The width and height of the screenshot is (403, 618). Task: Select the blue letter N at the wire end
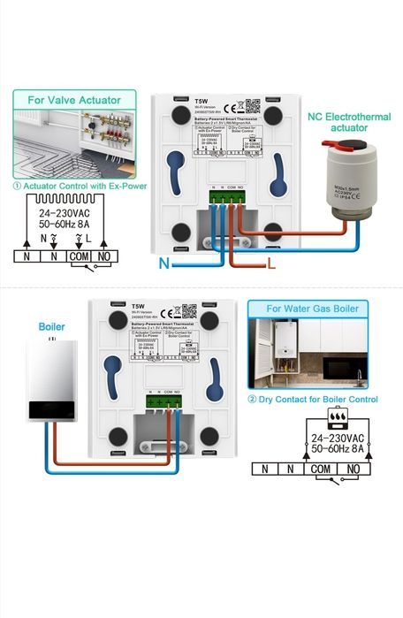164,263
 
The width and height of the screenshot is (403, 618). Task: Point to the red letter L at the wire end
272,263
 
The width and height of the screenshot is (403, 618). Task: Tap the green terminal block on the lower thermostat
163,400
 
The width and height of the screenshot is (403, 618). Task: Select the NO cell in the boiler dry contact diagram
352,469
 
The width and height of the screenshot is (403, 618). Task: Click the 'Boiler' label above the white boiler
52,326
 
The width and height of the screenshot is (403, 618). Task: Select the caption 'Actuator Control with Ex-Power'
78,186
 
